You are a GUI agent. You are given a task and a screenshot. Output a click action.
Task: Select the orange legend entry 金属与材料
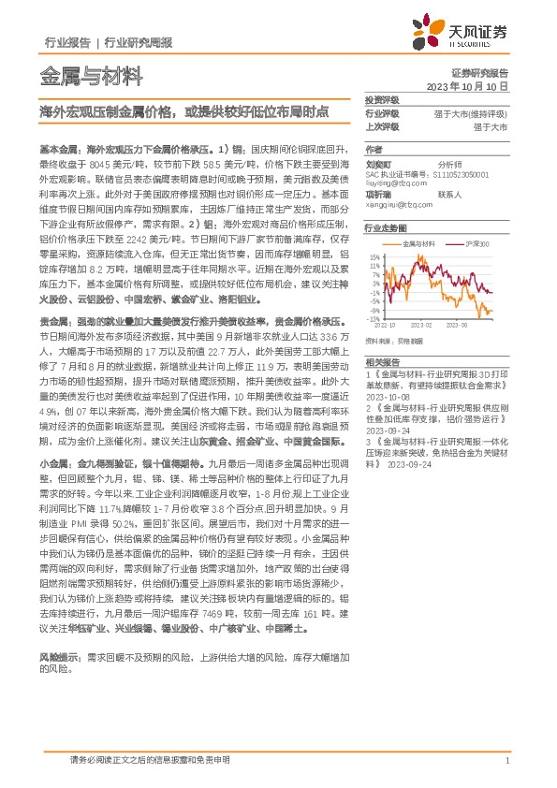click(418, 243)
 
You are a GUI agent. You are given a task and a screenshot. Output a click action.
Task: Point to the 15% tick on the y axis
click(375, 255)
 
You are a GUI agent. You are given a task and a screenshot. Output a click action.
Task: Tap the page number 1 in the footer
click(506, 760)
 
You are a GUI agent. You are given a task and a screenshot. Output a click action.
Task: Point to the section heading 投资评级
click(381, 99)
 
